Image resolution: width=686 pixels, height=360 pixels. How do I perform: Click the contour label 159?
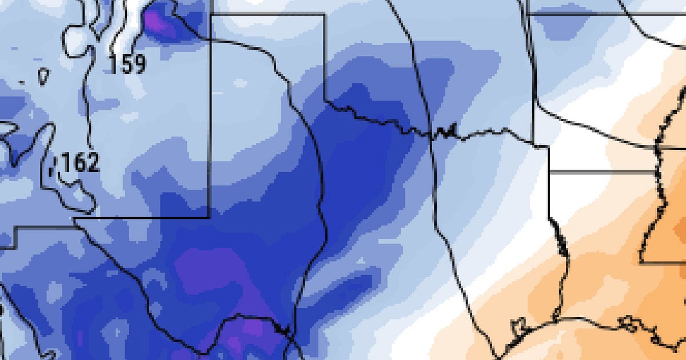[x=127, y=64]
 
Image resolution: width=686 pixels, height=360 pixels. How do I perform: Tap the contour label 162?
[x=80, y=164]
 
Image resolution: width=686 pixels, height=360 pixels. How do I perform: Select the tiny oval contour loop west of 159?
[x=43, y=75]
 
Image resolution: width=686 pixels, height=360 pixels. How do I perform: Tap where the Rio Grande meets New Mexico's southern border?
[x=75, y=218]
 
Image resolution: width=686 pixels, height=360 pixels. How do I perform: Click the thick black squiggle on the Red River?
[x=445, y=133]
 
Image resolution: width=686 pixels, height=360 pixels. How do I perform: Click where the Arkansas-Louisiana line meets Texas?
[x=549, y=170]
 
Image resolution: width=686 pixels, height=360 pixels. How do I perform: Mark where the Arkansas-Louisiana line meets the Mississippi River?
[x=655, y=170]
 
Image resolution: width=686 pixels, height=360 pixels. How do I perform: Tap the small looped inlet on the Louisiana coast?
[x=632, y=326]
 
